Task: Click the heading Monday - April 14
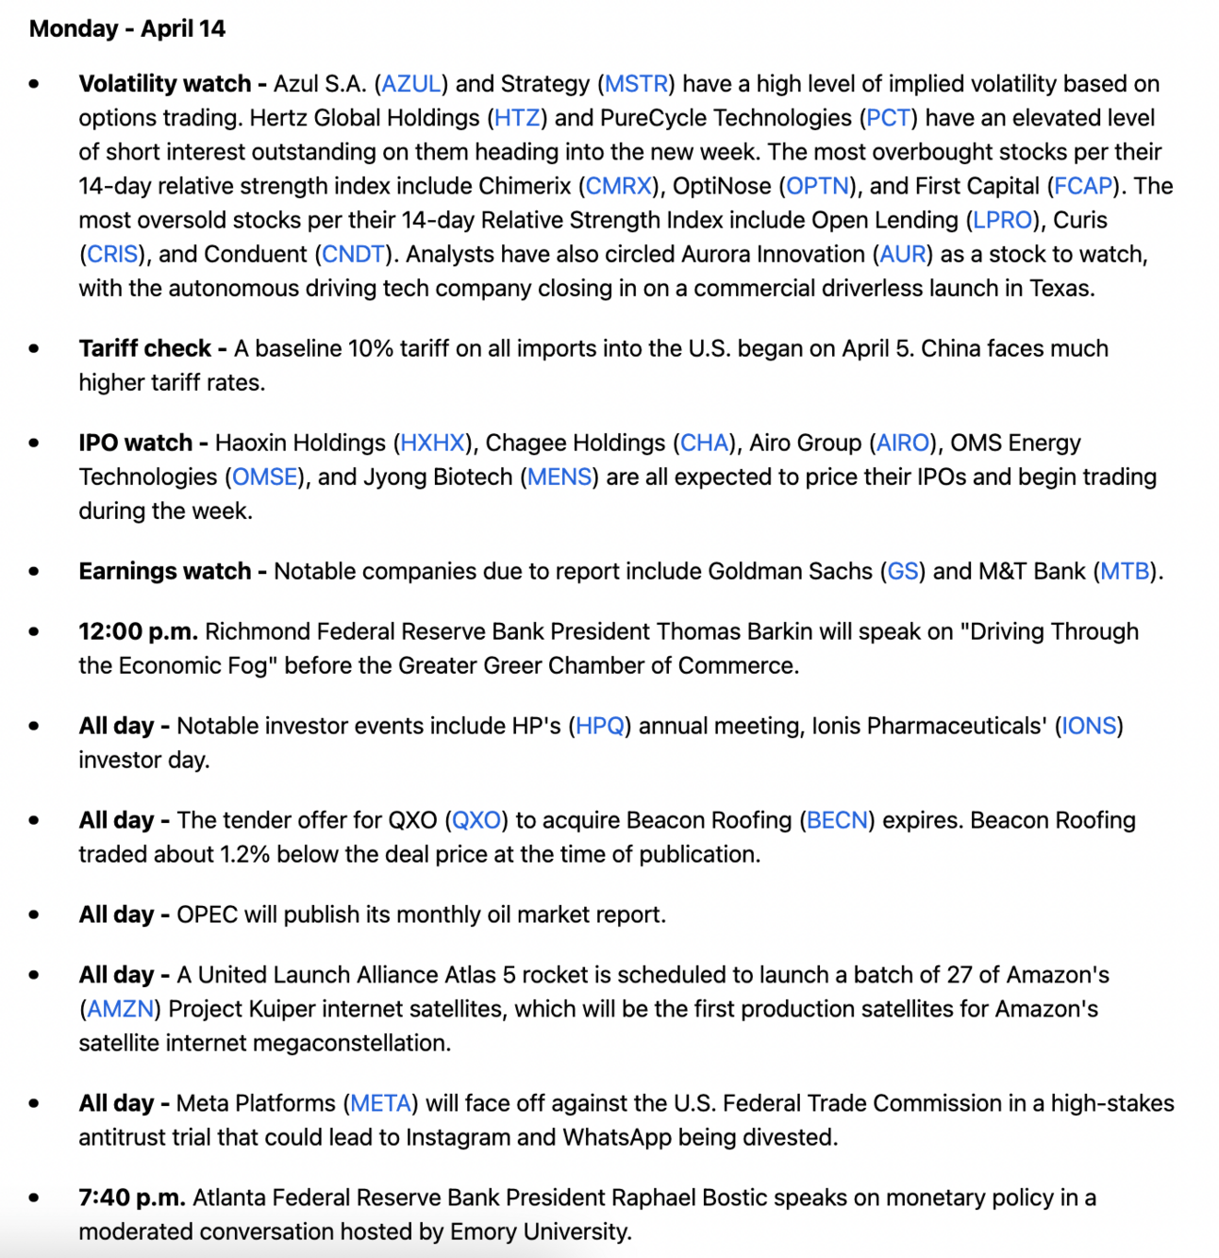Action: (x=127, y=28)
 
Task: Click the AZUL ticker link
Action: (x=411, y=84)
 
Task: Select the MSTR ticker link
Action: (x=636, y=84)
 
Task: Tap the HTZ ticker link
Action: (x=517, y=118)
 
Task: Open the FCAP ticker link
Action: (x=1083, y=186)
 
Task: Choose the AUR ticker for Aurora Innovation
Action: (x=902, y=254)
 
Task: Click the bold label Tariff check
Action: (x=145, y=348)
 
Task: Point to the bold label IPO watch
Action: (x=136, y=443)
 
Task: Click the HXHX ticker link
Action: (x=433, y=443)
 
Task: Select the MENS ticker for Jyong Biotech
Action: (x=559, y=477)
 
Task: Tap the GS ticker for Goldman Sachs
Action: (x=903, y=571)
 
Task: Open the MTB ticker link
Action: (x=1125, y=571)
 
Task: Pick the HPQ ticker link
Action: (x=600, y=726)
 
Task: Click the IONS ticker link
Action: (x=1089, y=726)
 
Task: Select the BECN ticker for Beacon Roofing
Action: (x=837, y=820)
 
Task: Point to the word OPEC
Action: (x=208, y=914)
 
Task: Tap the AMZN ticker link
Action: (x=120, y=1009)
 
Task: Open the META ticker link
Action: (x=380, y=1103)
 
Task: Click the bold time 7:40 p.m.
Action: (x=132, y=1198)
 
